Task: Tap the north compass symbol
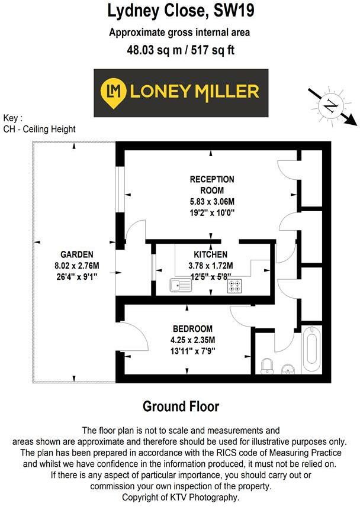(x=330, y=107)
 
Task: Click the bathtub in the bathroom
(x=311, y=350)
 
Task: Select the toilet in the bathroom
(x=266, y=365)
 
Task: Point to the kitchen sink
(x=179, y=285)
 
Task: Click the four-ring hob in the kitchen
(x=234, y=286)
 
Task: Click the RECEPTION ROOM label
(x=211, y=185)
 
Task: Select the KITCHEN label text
(x=210, y=255)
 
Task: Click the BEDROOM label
(x=193, y=329)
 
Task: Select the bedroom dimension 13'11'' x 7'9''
(x=193, y=350)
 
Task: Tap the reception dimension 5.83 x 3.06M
(x=211, y=201)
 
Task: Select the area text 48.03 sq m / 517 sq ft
(x=180, y=50)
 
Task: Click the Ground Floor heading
(x=181, y=406)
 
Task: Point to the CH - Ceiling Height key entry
(x=39, y=129)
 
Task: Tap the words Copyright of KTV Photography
(x=180, y=498)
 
